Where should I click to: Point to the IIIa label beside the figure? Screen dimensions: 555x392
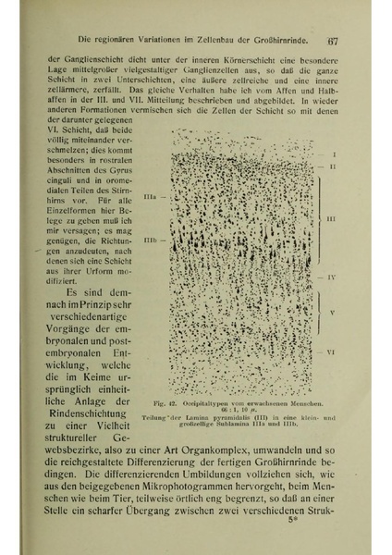[x=152, y=198]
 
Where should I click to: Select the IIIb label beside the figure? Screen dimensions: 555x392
[x=152, y=239]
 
